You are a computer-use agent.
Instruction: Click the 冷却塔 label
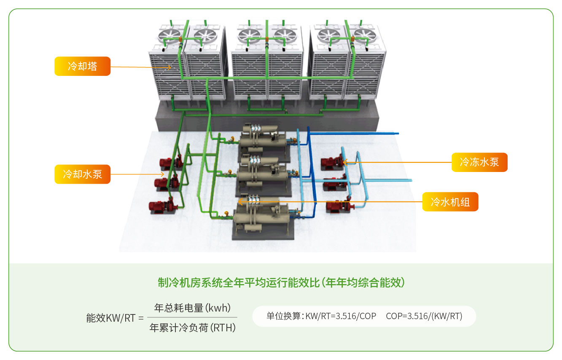click(82, 66)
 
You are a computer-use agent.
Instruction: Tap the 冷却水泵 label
click(82, 174)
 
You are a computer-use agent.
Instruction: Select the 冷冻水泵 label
click(479, 162)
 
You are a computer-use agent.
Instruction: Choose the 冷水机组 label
click(450, 201)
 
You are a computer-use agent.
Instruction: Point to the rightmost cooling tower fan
click(366, 35)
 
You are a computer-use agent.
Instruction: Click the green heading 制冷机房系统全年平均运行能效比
click(281, 282)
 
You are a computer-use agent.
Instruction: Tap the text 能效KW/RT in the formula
click(111, 318)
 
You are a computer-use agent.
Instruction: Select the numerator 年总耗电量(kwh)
click(193, 308)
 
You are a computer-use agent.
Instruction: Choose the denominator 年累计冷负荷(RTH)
click(193, 328)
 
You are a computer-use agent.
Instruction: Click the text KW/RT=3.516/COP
click(341, 316)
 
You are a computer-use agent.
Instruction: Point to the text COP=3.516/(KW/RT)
click(424, 316)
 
